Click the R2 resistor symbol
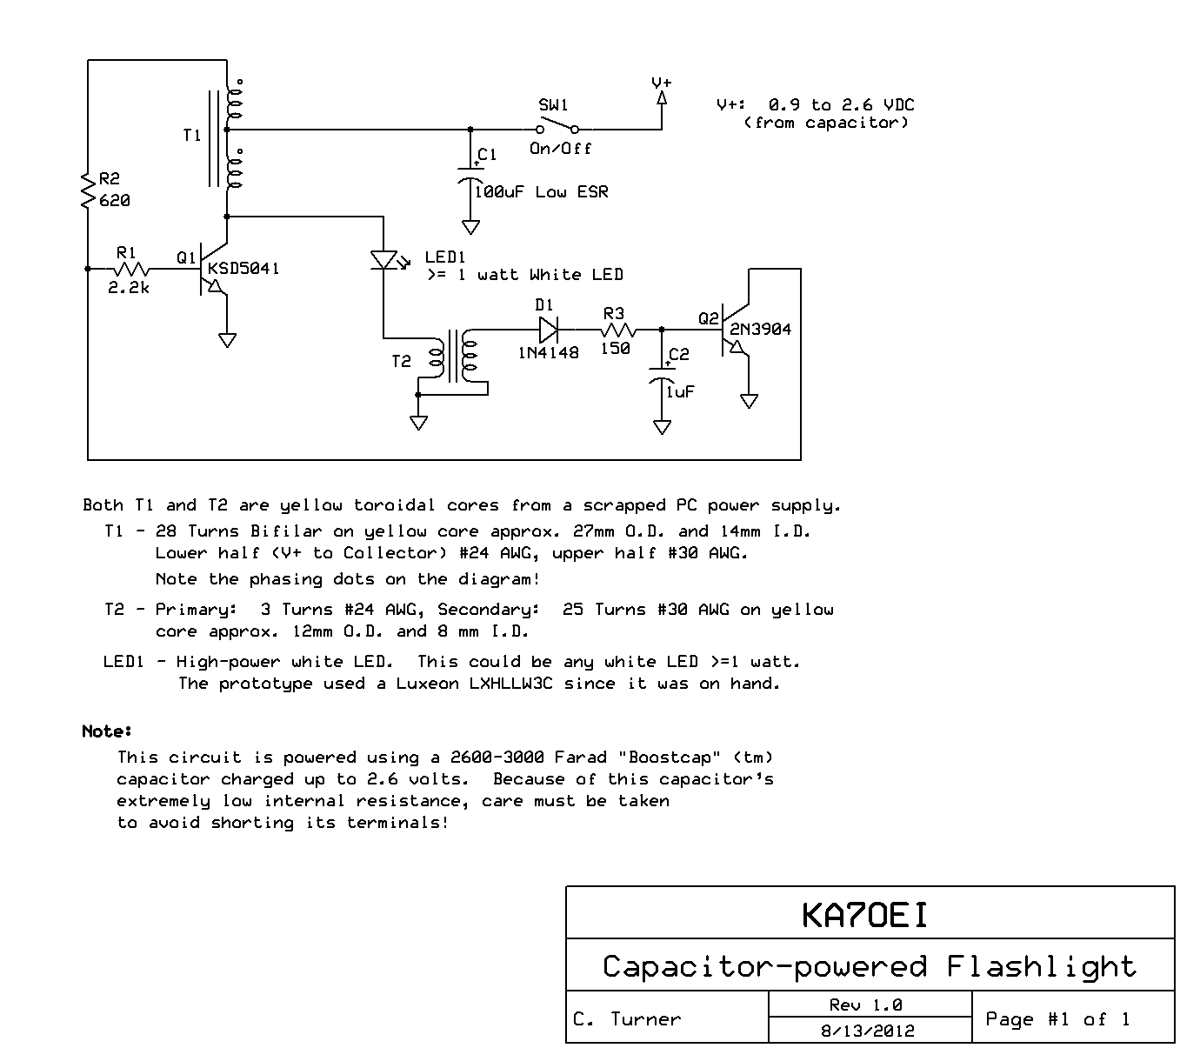(88, 190)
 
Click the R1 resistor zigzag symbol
(131, 270)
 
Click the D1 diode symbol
(548, 330)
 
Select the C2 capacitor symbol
(662, 374)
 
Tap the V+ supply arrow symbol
(662, 97)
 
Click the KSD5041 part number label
(243, 269)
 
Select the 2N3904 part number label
(761, 330)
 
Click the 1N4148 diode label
(548, 353)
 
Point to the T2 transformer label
(401, 361)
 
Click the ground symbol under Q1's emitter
(227, 340)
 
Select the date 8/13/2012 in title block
(868, 1031)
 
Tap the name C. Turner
(627, 1019)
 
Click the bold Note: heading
(107, 731)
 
